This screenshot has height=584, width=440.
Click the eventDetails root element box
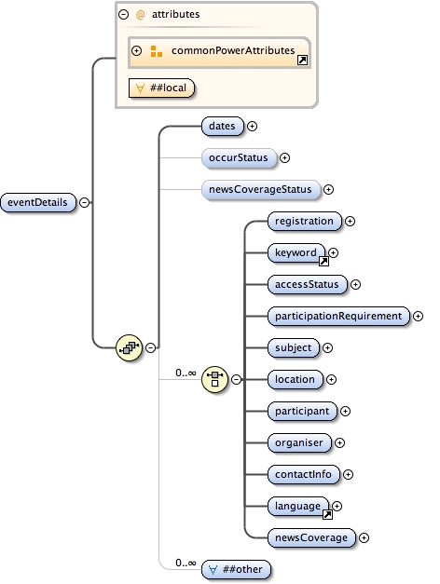[39, 202]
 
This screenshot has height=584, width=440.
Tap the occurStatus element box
[238, 158]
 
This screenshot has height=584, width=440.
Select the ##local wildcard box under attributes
[162, 88]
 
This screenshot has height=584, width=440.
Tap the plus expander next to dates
[252, 126]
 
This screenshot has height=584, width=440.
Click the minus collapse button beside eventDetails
[84, 202]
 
